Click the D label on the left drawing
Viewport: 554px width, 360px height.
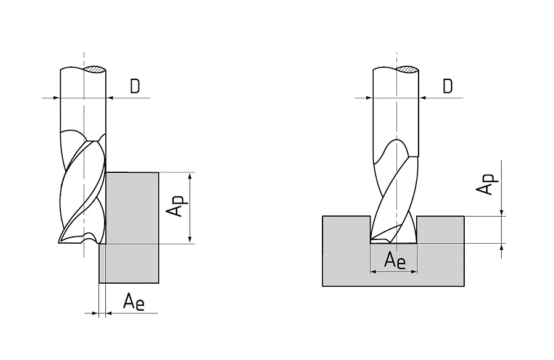click(x=135, y=87)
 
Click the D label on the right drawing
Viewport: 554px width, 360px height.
click(x=448, y=87)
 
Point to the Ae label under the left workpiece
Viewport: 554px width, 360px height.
click(x=134, y=302)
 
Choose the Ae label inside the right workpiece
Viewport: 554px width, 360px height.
click(x=394, y=260)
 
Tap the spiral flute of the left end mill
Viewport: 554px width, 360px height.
click(x=83, y=191)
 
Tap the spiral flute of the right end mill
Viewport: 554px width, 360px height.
click(x=394, y=191)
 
